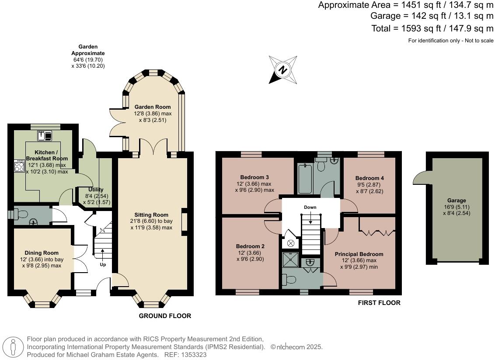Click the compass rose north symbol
pos(283,70)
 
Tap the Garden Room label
pos(153,107)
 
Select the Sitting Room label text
pos(151,215)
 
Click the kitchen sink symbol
pos(45,136)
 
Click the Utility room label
pos(96,190)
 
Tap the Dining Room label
pos(42,253)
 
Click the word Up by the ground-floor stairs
pos(103,264)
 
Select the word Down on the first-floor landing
pos(310,207)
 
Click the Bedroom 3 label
pos(254,177)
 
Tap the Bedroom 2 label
pos(250,246)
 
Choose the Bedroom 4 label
pos(370,178)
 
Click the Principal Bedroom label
pos(359,254)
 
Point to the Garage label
pos(457,201)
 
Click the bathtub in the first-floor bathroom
pos(305,178)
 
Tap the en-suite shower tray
pos(290,259)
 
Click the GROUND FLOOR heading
pos(165,316)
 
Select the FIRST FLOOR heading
pos(379,303)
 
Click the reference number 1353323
pos(194,355)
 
